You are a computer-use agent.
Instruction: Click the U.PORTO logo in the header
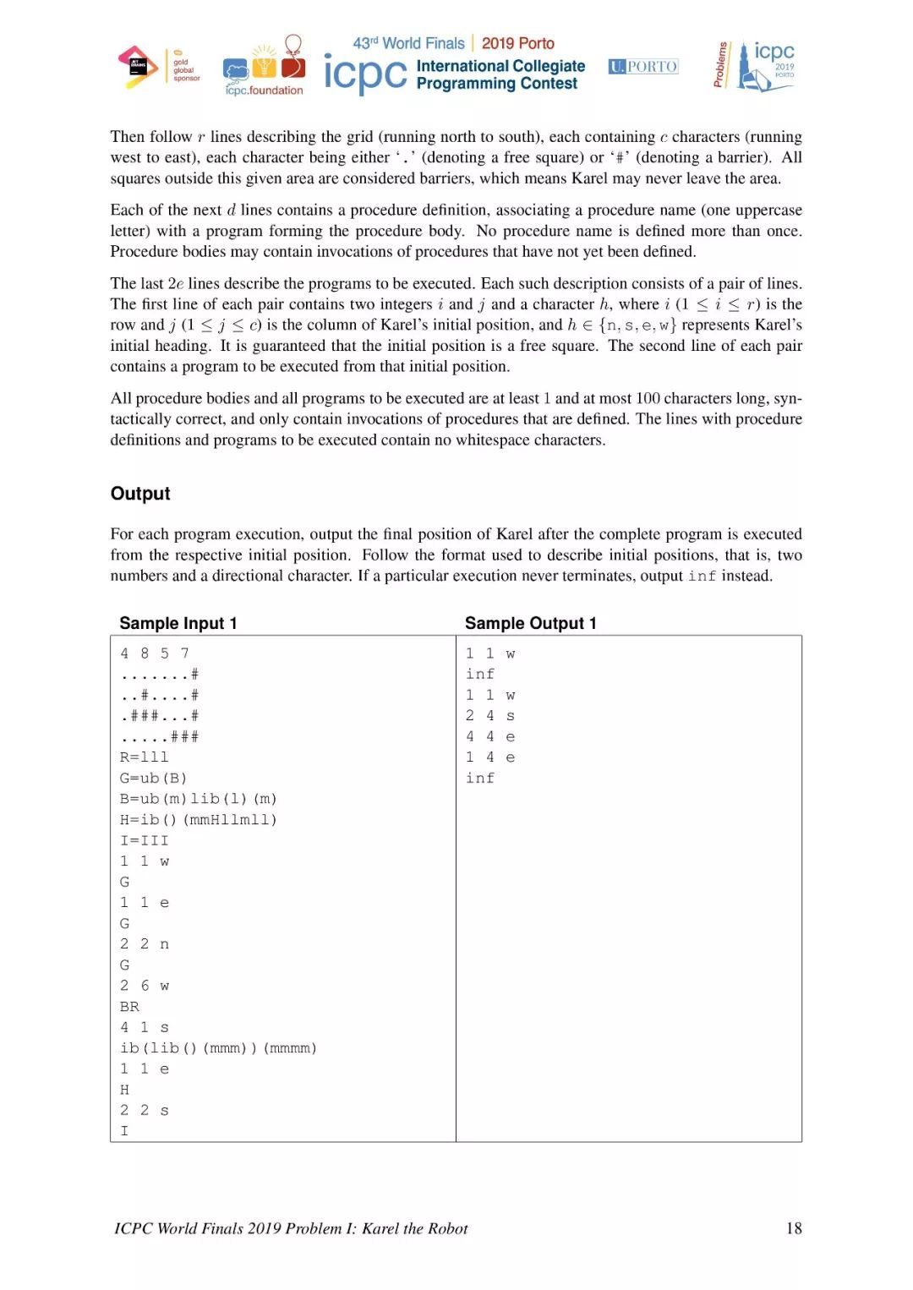642,67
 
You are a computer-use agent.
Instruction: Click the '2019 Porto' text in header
517,43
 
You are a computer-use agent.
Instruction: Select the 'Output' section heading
140,494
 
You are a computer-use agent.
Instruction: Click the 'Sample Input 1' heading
178,623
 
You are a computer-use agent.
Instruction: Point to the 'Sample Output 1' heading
530,623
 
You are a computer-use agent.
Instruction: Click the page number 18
793,1228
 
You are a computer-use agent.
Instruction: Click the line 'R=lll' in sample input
144,757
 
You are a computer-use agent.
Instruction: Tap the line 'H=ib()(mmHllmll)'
198,819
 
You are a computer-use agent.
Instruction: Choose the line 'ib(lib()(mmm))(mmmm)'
218,1047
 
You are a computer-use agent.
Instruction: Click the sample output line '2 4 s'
489,715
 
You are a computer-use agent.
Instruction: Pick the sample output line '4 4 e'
489,736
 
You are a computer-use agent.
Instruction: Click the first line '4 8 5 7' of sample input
154,653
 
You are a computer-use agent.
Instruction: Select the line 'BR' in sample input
129,1006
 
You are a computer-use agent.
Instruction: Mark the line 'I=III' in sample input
144,840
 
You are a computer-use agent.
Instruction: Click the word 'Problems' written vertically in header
720,64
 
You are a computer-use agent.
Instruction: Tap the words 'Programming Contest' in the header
497,84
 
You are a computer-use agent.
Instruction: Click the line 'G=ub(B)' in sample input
153,778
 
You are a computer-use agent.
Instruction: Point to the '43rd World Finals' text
408,43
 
